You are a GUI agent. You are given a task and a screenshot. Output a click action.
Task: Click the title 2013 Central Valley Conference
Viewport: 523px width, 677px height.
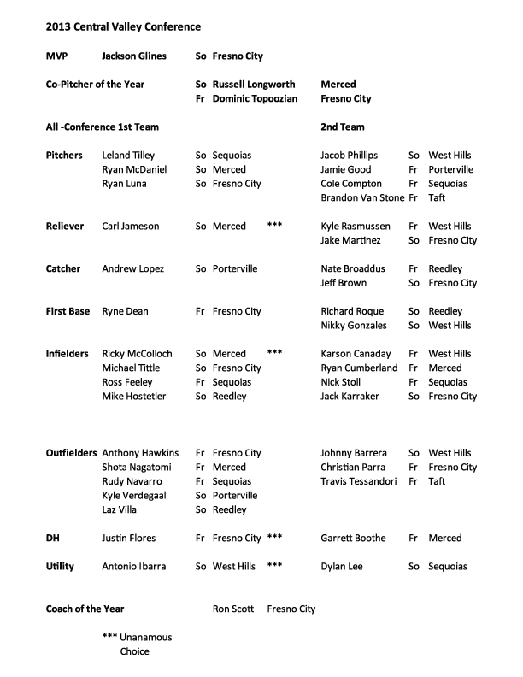[x=124, y=27]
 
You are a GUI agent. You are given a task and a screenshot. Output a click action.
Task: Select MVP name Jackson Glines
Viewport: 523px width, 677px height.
[x=134, y=56]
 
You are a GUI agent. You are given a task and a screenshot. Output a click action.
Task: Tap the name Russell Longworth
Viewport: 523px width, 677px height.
[x=254, y=85]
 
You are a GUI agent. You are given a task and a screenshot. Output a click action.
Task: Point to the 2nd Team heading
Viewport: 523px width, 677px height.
[x=343, y=127]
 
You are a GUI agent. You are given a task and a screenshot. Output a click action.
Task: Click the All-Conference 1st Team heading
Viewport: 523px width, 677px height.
[x=102, y=127]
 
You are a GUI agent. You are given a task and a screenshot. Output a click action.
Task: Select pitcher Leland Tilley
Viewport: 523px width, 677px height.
[x=128, y=156]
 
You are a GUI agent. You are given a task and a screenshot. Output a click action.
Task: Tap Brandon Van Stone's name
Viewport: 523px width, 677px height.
[x=362, y=198]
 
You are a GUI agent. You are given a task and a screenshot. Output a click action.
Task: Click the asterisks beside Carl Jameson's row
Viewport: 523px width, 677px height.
[x=274, y=227]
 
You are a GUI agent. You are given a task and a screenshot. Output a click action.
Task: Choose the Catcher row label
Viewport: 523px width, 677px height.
[x=63, y=269]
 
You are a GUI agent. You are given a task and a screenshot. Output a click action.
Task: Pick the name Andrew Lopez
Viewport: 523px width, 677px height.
[x=132, y=269]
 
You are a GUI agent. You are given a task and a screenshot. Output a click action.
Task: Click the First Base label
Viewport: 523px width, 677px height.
[x=68, y=312]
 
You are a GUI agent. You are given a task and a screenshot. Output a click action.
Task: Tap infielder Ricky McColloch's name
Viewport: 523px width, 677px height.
[x=137, y=354]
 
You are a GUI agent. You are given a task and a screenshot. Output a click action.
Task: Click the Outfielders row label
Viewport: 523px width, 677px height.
[x=71, y=453]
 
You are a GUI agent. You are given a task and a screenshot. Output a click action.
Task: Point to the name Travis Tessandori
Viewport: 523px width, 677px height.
[x=358, y=481]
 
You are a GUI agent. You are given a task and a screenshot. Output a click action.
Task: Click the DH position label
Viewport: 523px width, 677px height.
[x=52, y=539]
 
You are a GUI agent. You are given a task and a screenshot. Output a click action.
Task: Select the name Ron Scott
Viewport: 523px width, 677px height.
[x=232, y=609]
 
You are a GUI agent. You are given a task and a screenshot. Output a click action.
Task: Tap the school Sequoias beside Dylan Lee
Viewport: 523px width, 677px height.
[x=448, y=567]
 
